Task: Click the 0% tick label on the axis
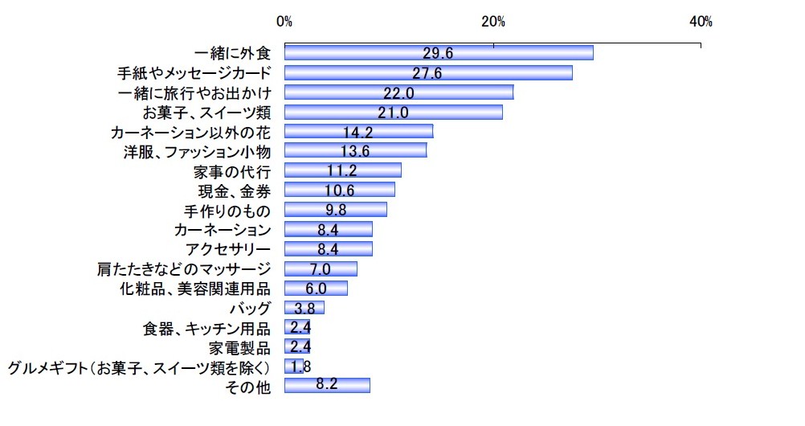284,22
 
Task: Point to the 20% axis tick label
492,22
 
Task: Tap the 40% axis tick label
701,22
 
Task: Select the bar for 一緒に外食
439,53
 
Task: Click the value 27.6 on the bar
427,73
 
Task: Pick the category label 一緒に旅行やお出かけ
194,92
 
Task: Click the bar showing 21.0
394,112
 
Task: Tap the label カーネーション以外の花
194,132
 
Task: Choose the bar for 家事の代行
342,170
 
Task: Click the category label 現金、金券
234,190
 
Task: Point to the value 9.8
335,210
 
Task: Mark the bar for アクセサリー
328,248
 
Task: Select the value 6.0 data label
316,288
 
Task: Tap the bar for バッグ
304,308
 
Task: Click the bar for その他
327,386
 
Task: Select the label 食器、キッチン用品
206,327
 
